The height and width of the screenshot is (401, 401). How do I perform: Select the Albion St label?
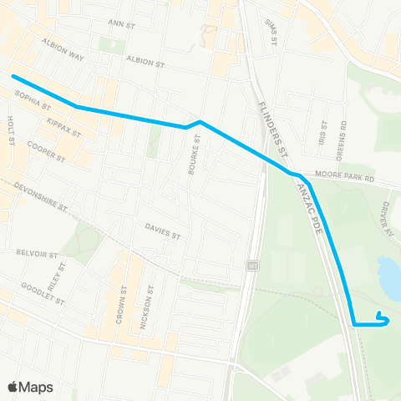[x=146, y=61]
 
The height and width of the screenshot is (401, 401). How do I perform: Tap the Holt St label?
[x=11, y=130]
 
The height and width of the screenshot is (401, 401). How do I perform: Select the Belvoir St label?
[x=36, y=252]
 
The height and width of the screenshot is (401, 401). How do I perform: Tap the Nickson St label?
[x=149, y=306]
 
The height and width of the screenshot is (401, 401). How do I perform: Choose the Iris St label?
[x=323, y=130]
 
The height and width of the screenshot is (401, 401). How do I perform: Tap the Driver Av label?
[x=388, y=219]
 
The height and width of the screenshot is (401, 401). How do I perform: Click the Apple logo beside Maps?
[x=13, y=387]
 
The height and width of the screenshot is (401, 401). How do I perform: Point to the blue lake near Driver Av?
[x=389, y=277]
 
